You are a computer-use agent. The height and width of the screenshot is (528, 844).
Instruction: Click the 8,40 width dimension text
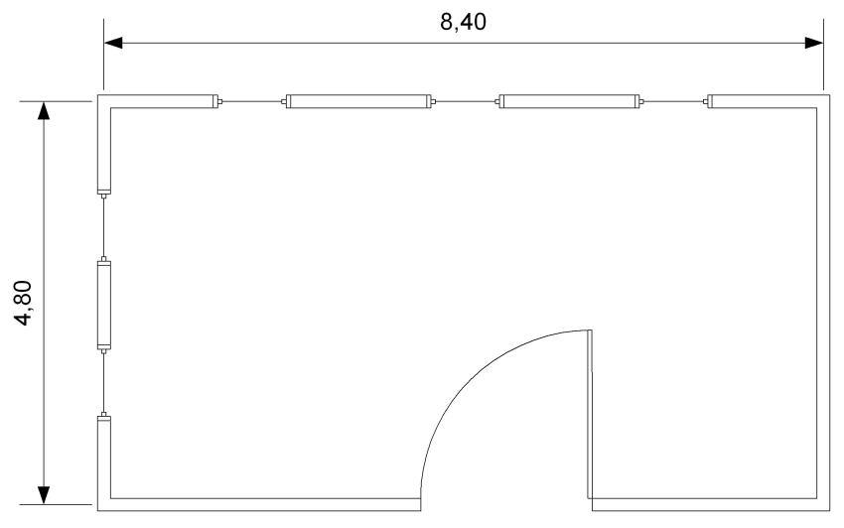pyautogui.click(x=463, y=22)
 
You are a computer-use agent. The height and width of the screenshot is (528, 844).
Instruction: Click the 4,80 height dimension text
pyautogui.click(x=24, y=303)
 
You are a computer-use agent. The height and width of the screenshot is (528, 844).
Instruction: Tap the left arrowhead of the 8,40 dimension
pyautogui.click(x=113, y=43)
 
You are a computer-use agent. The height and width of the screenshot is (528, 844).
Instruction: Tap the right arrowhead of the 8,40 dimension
pyautogui.click(x=814, y=43)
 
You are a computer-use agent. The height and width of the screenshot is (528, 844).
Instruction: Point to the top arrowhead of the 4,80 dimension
pyautogui.click(x=44, y=110)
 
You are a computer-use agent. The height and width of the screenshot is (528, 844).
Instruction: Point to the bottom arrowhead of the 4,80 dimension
pyautogui.click(x=44, y=495)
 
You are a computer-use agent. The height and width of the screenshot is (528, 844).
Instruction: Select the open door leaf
pyautogui.click(x=590, y=414)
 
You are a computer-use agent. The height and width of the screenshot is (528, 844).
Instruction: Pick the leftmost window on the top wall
pyautogui.click(x=251, y=101)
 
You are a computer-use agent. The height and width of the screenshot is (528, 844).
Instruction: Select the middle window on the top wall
pyautogui.click(x=465, y=101)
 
